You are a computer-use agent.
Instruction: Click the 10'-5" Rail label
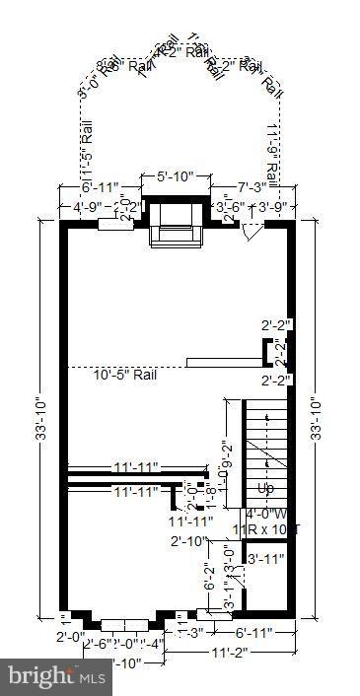click(x=124, y=375)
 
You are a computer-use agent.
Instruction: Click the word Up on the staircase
click(x=266, y=489)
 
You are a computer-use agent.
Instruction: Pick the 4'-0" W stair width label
click(x=266, y=514)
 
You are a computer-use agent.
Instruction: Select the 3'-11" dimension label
click(x=264, y=560)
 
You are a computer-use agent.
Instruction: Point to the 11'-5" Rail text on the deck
click(x=86, y=152)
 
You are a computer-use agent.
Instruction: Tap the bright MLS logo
click(x=57, y=677)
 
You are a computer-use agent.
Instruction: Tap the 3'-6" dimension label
click(x=231, y=207)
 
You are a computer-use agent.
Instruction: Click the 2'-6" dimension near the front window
click(x=96, y=645)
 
